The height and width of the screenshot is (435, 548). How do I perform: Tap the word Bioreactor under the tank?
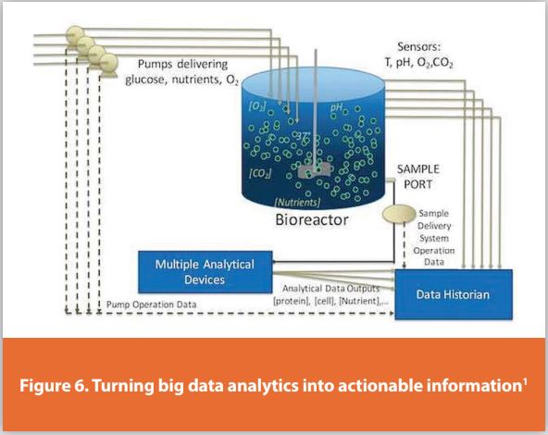coord(319,221)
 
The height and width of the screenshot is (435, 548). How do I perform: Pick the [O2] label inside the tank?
coord(257,106)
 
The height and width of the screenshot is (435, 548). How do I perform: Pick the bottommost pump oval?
coord(108,64)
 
